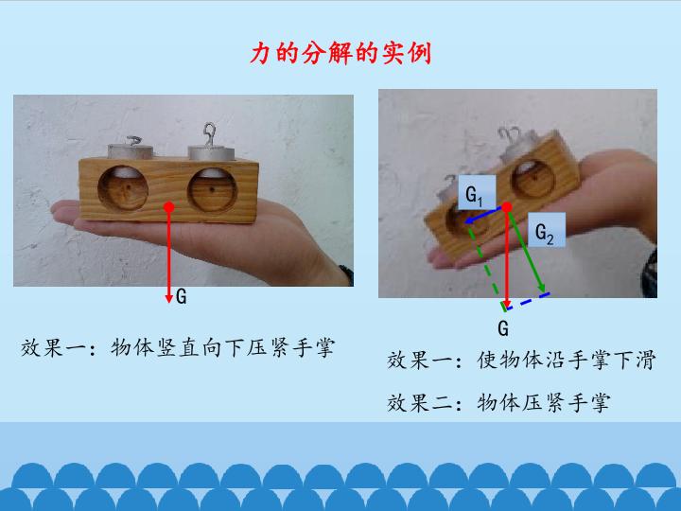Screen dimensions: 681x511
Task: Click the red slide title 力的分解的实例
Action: coord(340,53)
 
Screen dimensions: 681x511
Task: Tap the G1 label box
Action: coord(477,192)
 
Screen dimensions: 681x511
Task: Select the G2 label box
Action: coord(547,230)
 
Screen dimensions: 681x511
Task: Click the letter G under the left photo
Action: coord(182,297)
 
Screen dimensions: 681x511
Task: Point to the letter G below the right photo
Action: coord(503,328)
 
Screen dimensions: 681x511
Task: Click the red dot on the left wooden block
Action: coord(169,207)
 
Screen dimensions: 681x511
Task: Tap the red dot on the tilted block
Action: coord(507,207)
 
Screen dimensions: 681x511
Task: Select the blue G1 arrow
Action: coord(484,216)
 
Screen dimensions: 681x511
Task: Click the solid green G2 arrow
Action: coord(527,250)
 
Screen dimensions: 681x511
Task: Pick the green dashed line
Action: coord(485,266)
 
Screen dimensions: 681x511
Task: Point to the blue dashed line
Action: coord(528,301)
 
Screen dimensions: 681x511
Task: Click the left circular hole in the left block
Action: coord(123,187)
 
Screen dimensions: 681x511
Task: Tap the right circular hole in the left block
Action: coord(213,190)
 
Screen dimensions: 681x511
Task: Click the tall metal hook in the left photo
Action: coord(210,134)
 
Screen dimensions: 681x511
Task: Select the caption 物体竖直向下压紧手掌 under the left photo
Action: coord(222,347)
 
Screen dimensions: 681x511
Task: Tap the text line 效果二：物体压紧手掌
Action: coord(498,403)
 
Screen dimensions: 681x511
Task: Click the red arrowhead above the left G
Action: coord(169,298)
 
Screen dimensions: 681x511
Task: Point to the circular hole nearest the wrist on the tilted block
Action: coord(533,177)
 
